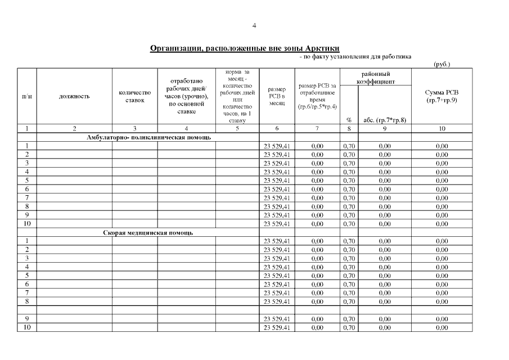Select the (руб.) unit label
[442, 64]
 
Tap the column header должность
[74, 96]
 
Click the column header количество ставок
[135, 96]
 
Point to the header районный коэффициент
[376, 78]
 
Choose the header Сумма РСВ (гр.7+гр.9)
[442, 96]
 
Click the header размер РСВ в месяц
[277, 96]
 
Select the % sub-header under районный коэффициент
[349, 119]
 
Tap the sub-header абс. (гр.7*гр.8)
[385, 119]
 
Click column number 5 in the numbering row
[237, 129]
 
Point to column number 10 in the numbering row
[442, 129]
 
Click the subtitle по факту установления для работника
[355, 57]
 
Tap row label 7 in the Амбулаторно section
[27, 198]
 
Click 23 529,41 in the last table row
[277, 327]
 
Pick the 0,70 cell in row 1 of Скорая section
[349, 241]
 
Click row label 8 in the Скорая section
[27, 301]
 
